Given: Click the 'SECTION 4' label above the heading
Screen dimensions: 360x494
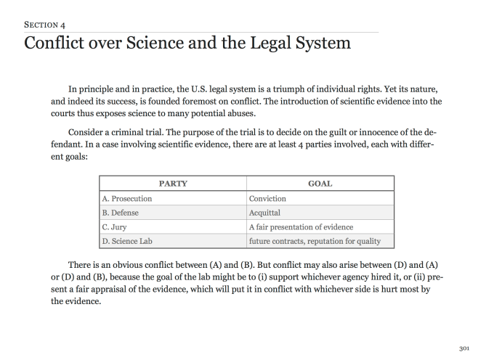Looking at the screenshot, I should (x=44, y=24).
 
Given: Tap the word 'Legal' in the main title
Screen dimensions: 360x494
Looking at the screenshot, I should (x=275, y=44).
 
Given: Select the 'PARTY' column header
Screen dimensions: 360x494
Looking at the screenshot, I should (x=173, y=184).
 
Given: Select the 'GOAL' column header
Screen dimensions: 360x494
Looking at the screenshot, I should (x=320, y=184).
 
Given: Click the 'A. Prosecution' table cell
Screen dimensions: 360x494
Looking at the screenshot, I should (x=127, y=198).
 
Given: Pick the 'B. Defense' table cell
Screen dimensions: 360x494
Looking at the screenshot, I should (x=120, y=213).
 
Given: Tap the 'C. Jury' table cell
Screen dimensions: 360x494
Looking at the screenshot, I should (x=115, y=227).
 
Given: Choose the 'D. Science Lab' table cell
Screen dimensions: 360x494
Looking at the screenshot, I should (x=127, y=241).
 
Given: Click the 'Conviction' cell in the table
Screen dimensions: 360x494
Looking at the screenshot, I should (x=267, y=198).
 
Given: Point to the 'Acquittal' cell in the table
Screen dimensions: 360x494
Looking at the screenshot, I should (x=265, y=213).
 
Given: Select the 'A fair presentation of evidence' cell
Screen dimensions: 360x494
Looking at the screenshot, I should (x=301, y=227).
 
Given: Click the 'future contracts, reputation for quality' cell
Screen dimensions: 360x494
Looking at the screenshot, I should (x=315, y=241).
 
